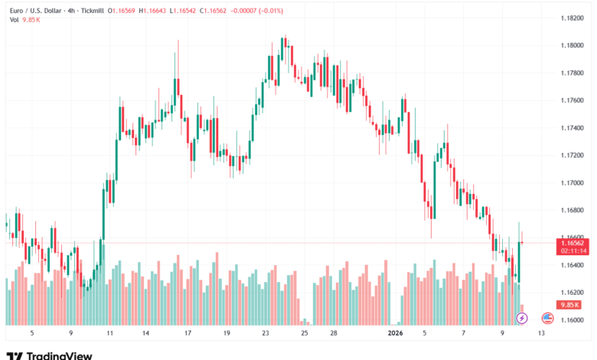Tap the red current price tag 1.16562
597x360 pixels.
coord(573,242)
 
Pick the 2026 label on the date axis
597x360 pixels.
coord(395,333)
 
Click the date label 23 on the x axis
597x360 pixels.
coord(266,333)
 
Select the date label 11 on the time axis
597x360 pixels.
coord(110,333)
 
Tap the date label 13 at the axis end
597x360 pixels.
coord(541,333)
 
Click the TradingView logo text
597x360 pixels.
coord(60,355)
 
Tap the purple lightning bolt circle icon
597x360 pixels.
coord(522,317)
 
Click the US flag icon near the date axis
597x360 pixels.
coord(547,317)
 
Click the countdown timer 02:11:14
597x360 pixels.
coord(573,250)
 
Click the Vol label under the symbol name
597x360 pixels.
coord(14,20)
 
